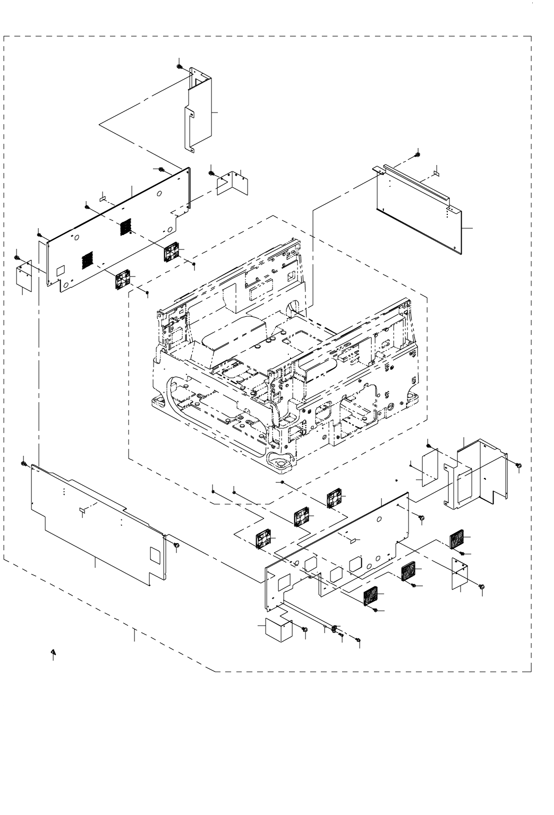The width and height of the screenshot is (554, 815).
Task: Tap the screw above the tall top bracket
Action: click(x=180, y=66)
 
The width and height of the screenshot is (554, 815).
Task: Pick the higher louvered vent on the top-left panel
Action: click(x=124, y=227)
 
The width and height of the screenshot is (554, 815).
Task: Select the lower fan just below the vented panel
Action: click(x=123, y=279)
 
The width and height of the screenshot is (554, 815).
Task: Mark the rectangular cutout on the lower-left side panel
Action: click(x=155, y=554)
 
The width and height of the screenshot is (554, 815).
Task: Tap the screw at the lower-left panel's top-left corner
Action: click(x=24, y=464)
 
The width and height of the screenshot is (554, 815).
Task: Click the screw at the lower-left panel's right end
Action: click(x=176, y=545)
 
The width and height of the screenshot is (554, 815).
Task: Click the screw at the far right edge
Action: click(x=518, y=465)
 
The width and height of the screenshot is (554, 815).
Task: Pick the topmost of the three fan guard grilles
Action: click(x=457, y=540)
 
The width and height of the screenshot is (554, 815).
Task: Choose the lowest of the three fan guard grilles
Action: click(x=370, y=596)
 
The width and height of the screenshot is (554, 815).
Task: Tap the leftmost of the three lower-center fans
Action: click(x=263, y=540)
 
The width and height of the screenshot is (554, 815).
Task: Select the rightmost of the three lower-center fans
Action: click(x=335, y=497)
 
